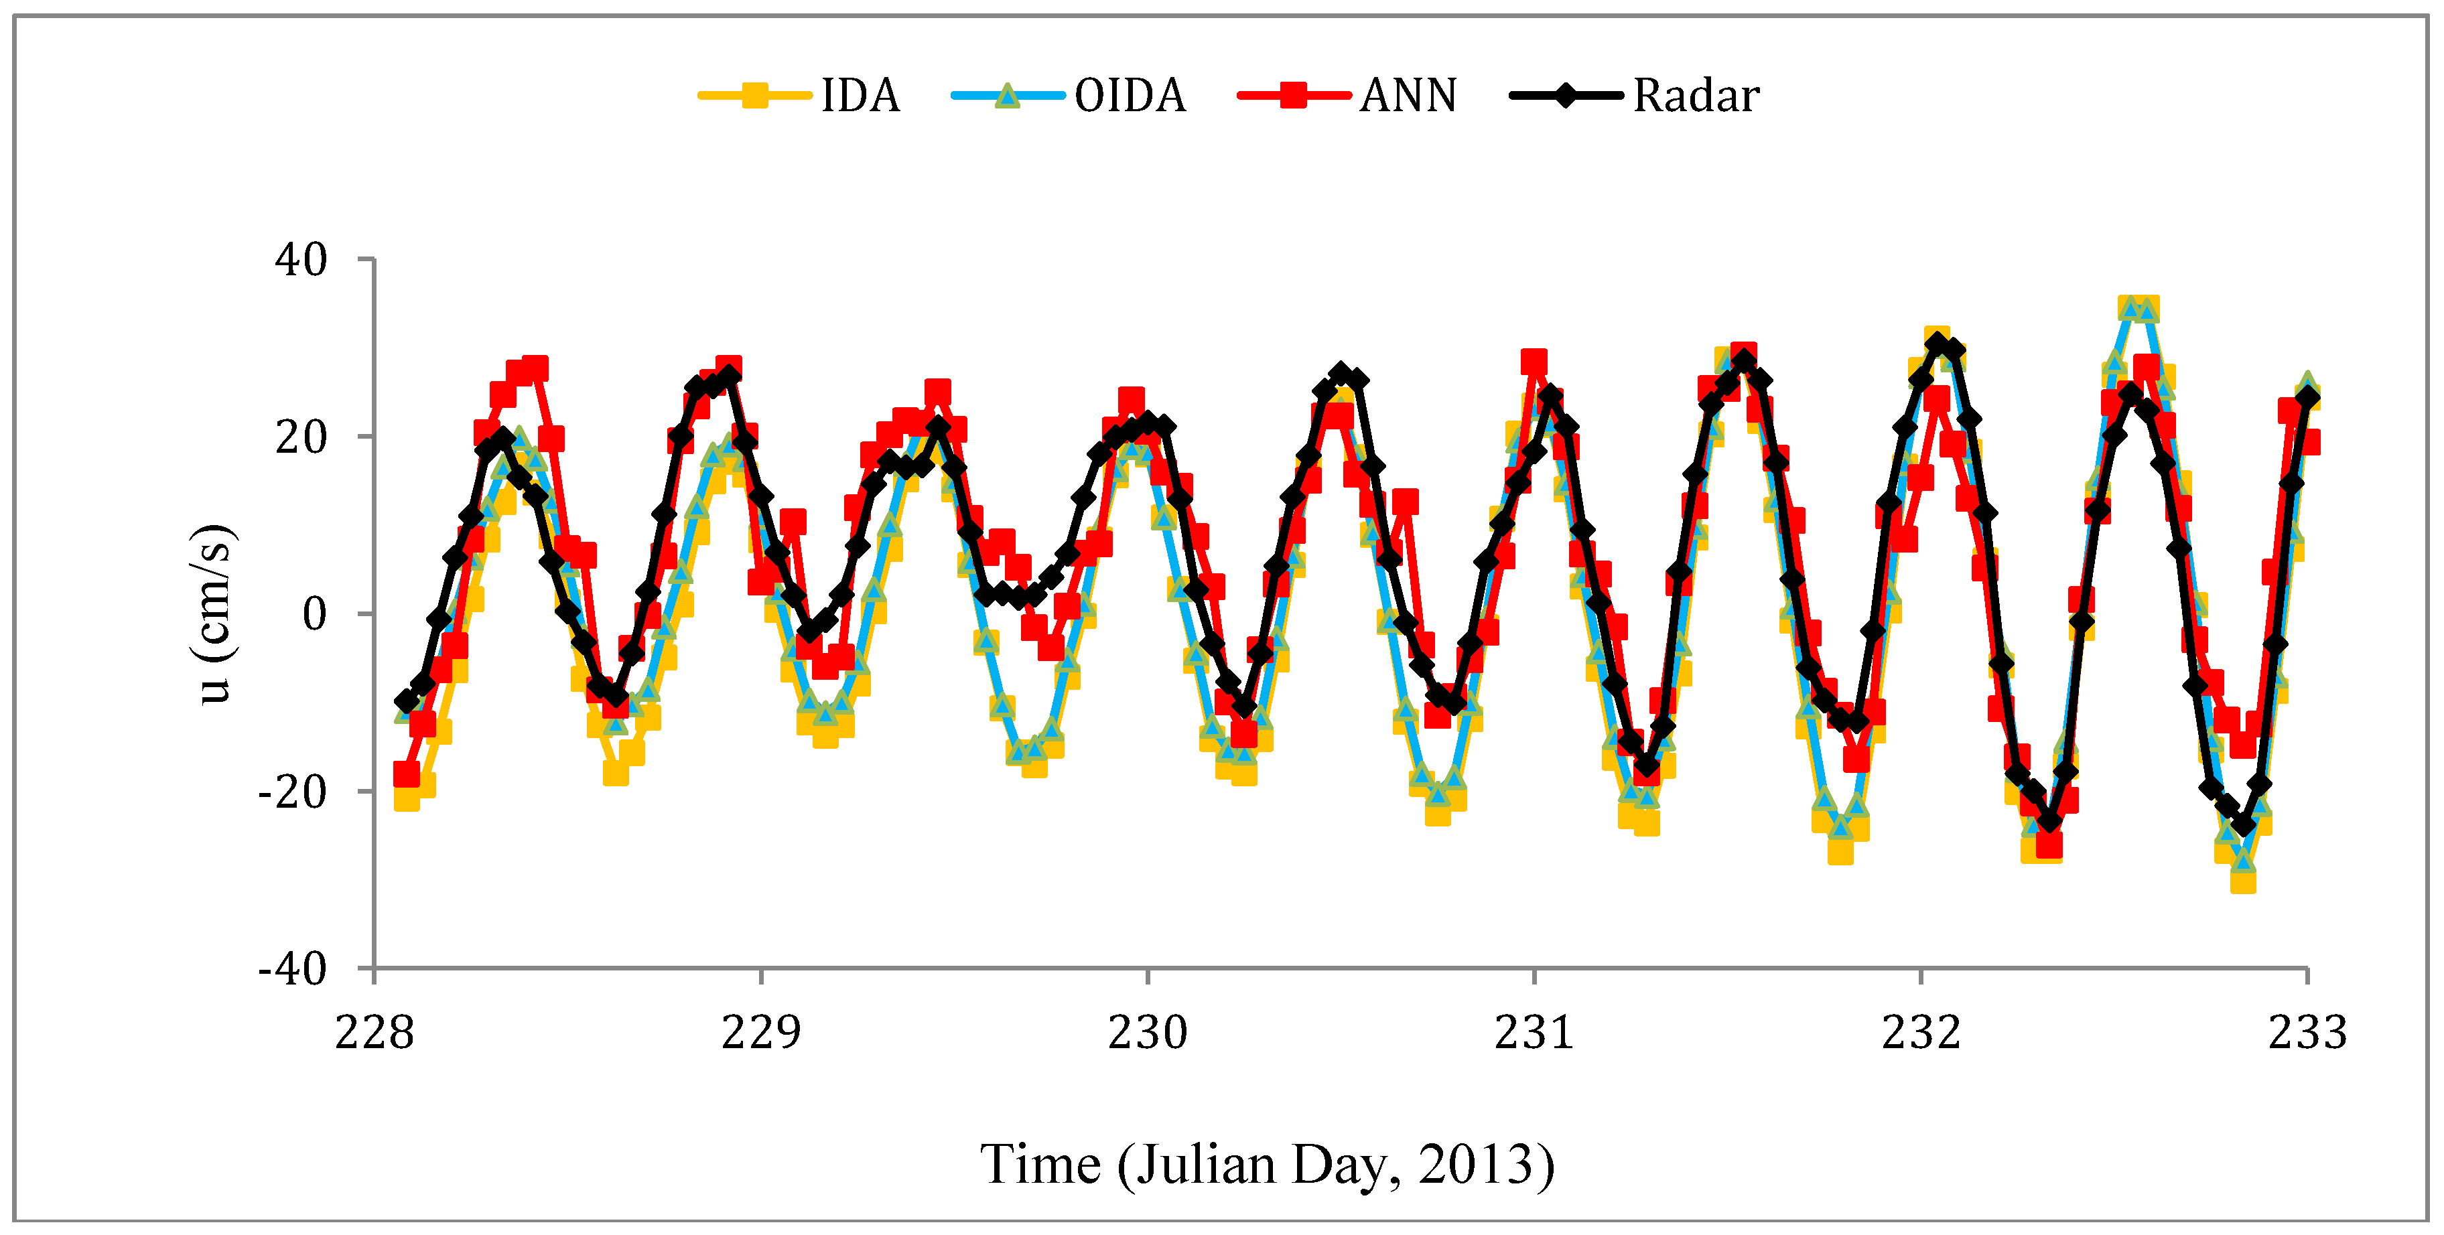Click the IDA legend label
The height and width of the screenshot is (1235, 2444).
coord(860,96)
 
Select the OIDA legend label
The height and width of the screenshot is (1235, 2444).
coord(1130,96)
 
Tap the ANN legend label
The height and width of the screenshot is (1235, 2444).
coord(1408,96)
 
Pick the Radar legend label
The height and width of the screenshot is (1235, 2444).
coord(1696,96)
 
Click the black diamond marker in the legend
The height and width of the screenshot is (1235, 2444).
coord(1566,96)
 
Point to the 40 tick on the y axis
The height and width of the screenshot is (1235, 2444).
coord(301,260)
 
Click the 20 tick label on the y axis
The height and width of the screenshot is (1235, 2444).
coord(301,437)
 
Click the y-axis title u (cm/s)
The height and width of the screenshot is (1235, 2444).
coord(215,613)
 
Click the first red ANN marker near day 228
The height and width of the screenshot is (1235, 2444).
coord(406,775)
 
